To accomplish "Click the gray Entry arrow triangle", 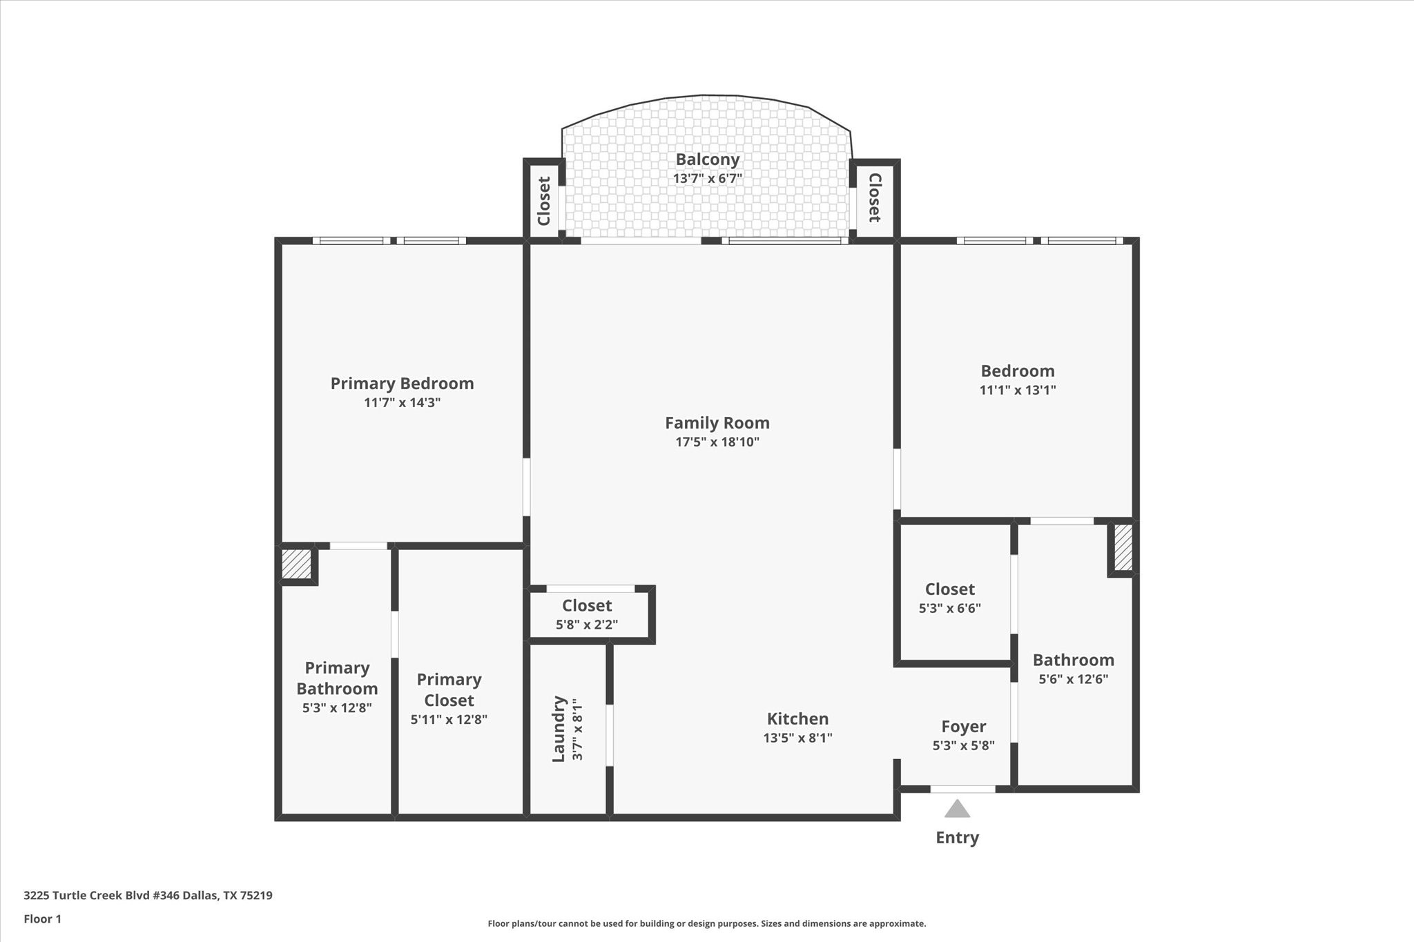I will (x=957, y=809).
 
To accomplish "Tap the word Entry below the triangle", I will (x=957, y=838).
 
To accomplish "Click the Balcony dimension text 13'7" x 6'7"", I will (x=707, y=179).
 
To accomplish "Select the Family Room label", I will (x=717, y=423).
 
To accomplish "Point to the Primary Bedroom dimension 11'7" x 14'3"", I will (x=402, y=402).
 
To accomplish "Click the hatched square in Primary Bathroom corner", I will (x=296, y=563).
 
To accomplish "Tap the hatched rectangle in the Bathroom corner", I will (x=1123, y=548).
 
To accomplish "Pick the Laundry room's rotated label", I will (x=559, y=729).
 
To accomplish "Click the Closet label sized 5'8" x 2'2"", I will (x=587, y=606).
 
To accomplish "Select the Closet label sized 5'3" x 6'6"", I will (x=949, y=589).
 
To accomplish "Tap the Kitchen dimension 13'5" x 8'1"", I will (x=797, y=738).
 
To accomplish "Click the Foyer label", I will (x=963, y=727).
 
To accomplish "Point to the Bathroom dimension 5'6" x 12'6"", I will (x=1073, y=679).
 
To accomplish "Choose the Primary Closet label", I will (x=449, y=690).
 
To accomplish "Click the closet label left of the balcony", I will (x=544, y=201).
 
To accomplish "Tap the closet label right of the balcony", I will (x=874, y=198).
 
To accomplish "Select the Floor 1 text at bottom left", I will (x=42, y=919).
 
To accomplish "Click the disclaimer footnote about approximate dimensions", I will (x=706, y=923).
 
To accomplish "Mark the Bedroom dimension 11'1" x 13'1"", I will (x=1017, y=390).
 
